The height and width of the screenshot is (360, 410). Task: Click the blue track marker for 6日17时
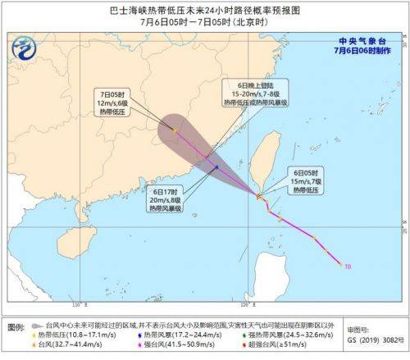[x=216, y=167]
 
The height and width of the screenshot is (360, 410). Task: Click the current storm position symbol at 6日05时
[x=259, y=197]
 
